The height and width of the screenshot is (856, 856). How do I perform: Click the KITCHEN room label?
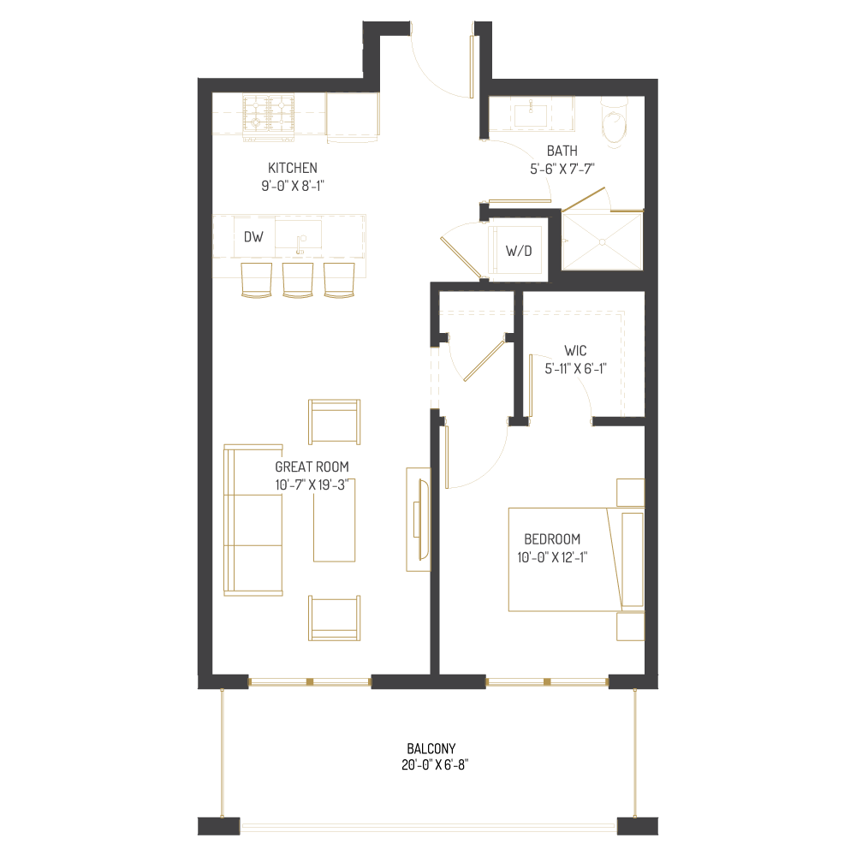pyautogui.click(x=293, y=168)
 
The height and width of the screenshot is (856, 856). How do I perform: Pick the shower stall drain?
pyautogui.click(x=603, y=241)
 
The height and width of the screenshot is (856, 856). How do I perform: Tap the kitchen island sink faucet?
pyautogui.click(x=300, y=245)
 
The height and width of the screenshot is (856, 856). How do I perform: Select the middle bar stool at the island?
pyautogui.click(x=297, y=281)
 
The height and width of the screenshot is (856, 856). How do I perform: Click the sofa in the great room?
pyautogui.click(x=253, y=520)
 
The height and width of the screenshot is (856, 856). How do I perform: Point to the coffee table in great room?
pyautogui.click(x=334, y=520)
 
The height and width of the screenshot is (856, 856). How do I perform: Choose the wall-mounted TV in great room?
pyautogui.click(x=419, y=519)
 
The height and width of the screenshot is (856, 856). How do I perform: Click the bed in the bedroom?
pyautogui.click(x=565, y=560)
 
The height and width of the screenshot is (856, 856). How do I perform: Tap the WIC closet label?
pyautogui.click(x=574, y=351)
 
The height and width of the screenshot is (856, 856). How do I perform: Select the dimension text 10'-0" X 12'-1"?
pyautogui.click(x=552, y=557)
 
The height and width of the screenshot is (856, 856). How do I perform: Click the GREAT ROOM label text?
pyautogui.click(x=312, y=467)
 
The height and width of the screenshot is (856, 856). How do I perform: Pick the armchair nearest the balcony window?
pyautogui.click(x=334, y=619)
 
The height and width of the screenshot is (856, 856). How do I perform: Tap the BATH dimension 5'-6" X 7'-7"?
pyautogui.click(x=562, y=169)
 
